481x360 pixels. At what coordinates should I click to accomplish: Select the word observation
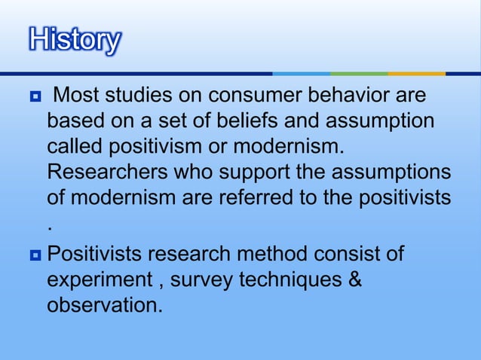pyautogui.click(x=104, y=305)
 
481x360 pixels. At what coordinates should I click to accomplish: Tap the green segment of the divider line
pyautogui.click(x=359, y=73)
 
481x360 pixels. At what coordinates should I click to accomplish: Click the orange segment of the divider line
pyautogui.click(x=416, y=73)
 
